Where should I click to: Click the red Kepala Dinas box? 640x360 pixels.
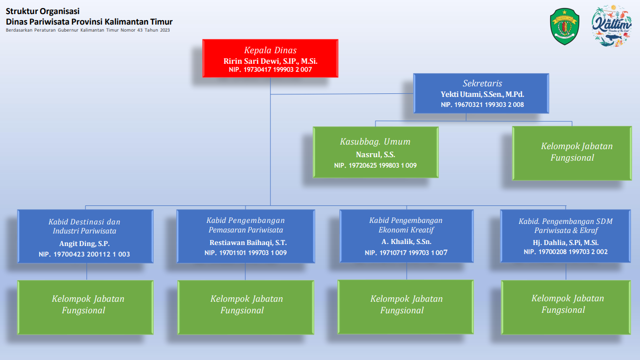point(270,58)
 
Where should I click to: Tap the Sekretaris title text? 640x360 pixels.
point(482,83)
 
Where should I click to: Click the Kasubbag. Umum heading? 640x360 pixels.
point(375,142)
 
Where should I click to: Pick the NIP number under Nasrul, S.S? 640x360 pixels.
point(375,165)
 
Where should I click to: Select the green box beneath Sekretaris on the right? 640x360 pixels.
point(572,153)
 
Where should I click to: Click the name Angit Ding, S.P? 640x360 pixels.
point(84,244)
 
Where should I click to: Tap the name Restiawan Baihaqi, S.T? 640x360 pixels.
point(248,243)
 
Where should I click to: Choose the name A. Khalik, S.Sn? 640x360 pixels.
point(406,242)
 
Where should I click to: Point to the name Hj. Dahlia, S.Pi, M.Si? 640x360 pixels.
point(565,243)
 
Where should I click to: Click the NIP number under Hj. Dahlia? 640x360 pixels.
point(565,252)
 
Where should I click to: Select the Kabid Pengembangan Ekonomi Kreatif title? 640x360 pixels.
point(406,225)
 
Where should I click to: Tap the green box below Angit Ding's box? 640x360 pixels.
point(85,307)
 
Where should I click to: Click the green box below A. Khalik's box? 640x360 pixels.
point(406,307)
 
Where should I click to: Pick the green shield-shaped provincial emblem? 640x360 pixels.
point(565,26)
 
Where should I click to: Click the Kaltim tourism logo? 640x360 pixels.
point(611,26)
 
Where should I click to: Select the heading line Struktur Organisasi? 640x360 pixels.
point(43,11)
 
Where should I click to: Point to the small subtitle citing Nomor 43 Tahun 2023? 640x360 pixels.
point(88,30)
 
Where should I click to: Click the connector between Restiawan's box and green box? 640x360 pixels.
point(245,272)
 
